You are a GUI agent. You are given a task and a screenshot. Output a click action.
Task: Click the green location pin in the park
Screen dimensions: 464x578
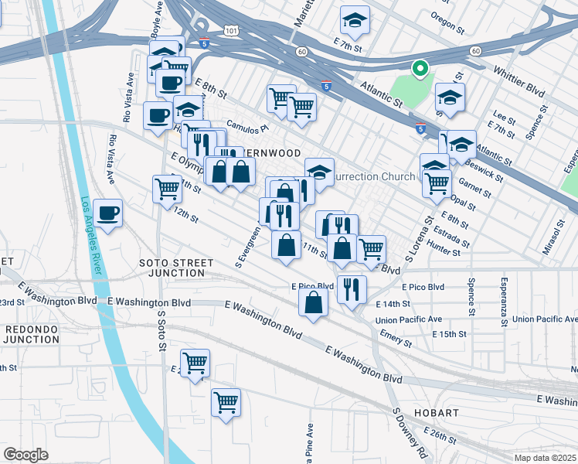[420, 70]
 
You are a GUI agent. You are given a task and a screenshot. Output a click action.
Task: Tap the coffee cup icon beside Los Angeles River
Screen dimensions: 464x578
[107, 213]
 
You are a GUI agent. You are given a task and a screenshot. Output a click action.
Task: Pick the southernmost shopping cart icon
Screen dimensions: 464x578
[226, 401]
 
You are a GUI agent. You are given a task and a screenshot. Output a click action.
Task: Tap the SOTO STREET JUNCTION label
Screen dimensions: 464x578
[172, 268]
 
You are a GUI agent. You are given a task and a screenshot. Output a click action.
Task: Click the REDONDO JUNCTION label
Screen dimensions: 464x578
[31, 334]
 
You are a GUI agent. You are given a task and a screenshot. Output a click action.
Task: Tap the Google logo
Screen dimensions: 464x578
[25, 454]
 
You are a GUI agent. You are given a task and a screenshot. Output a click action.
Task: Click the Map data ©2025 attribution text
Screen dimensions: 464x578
[544, 457]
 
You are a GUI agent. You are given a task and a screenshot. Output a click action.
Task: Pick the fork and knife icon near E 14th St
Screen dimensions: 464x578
[352, 289]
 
